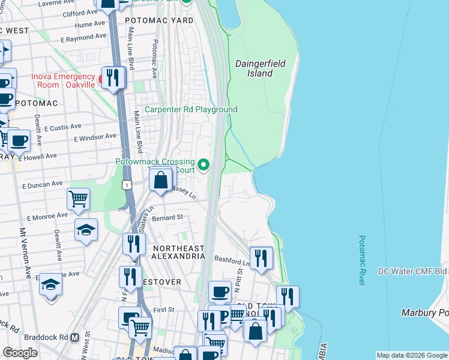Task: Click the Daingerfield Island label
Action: (259, 68)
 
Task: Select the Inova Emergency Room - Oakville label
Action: (63, 80)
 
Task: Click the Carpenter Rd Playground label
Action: (191, 109)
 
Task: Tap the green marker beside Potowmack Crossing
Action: (204, 164)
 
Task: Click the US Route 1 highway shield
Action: (127, 184)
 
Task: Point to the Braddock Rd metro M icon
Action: (74, 337)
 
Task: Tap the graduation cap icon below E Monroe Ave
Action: (86, 229)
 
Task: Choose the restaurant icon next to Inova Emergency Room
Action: (112, 77)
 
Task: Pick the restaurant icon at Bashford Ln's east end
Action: (261, 258)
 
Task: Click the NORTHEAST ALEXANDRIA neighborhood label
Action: (178, 252)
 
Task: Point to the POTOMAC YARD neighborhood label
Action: (159, 20)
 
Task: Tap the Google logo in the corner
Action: (20, 353)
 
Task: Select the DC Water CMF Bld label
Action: (413, 271)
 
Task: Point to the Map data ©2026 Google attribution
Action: (411, 355)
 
